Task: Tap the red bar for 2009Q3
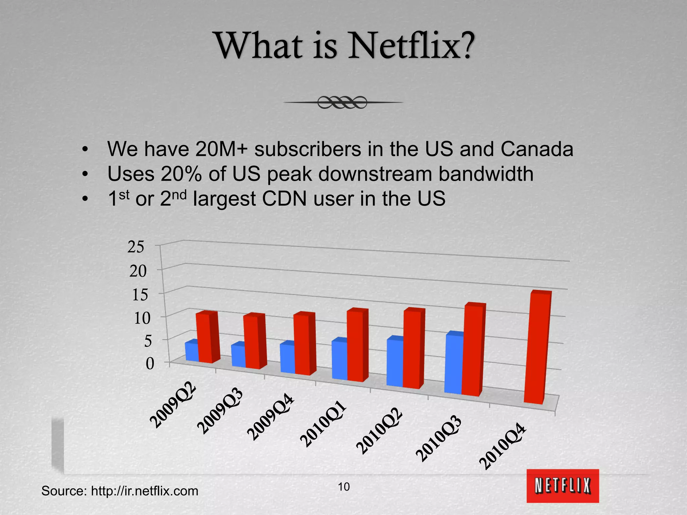[x=251, y=342]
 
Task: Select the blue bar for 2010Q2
[x=395, y=363]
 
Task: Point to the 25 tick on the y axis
[x=136, y=247]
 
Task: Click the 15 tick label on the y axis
[x=140, y=295]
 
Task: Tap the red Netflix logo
[x=562, y=485]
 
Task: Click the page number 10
[x=343, y=487]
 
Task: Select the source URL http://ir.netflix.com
[x=145, y=491]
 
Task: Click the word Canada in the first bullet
[x=537, y=149]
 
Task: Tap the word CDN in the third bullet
[x=284, y=198]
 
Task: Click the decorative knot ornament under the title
[x=342, y=102]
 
